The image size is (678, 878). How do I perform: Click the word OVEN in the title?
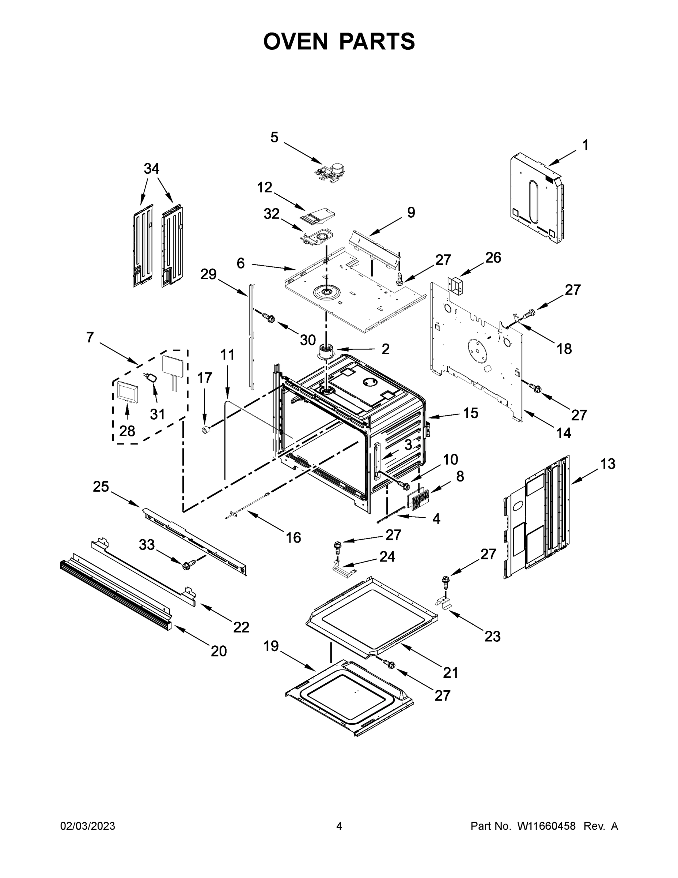click(295, 41)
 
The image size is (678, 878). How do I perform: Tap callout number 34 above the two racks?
click(151, 168)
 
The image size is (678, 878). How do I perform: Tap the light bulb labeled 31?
click(151, 378)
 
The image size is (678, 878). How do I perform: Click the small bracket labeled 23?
click(443, 603)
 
